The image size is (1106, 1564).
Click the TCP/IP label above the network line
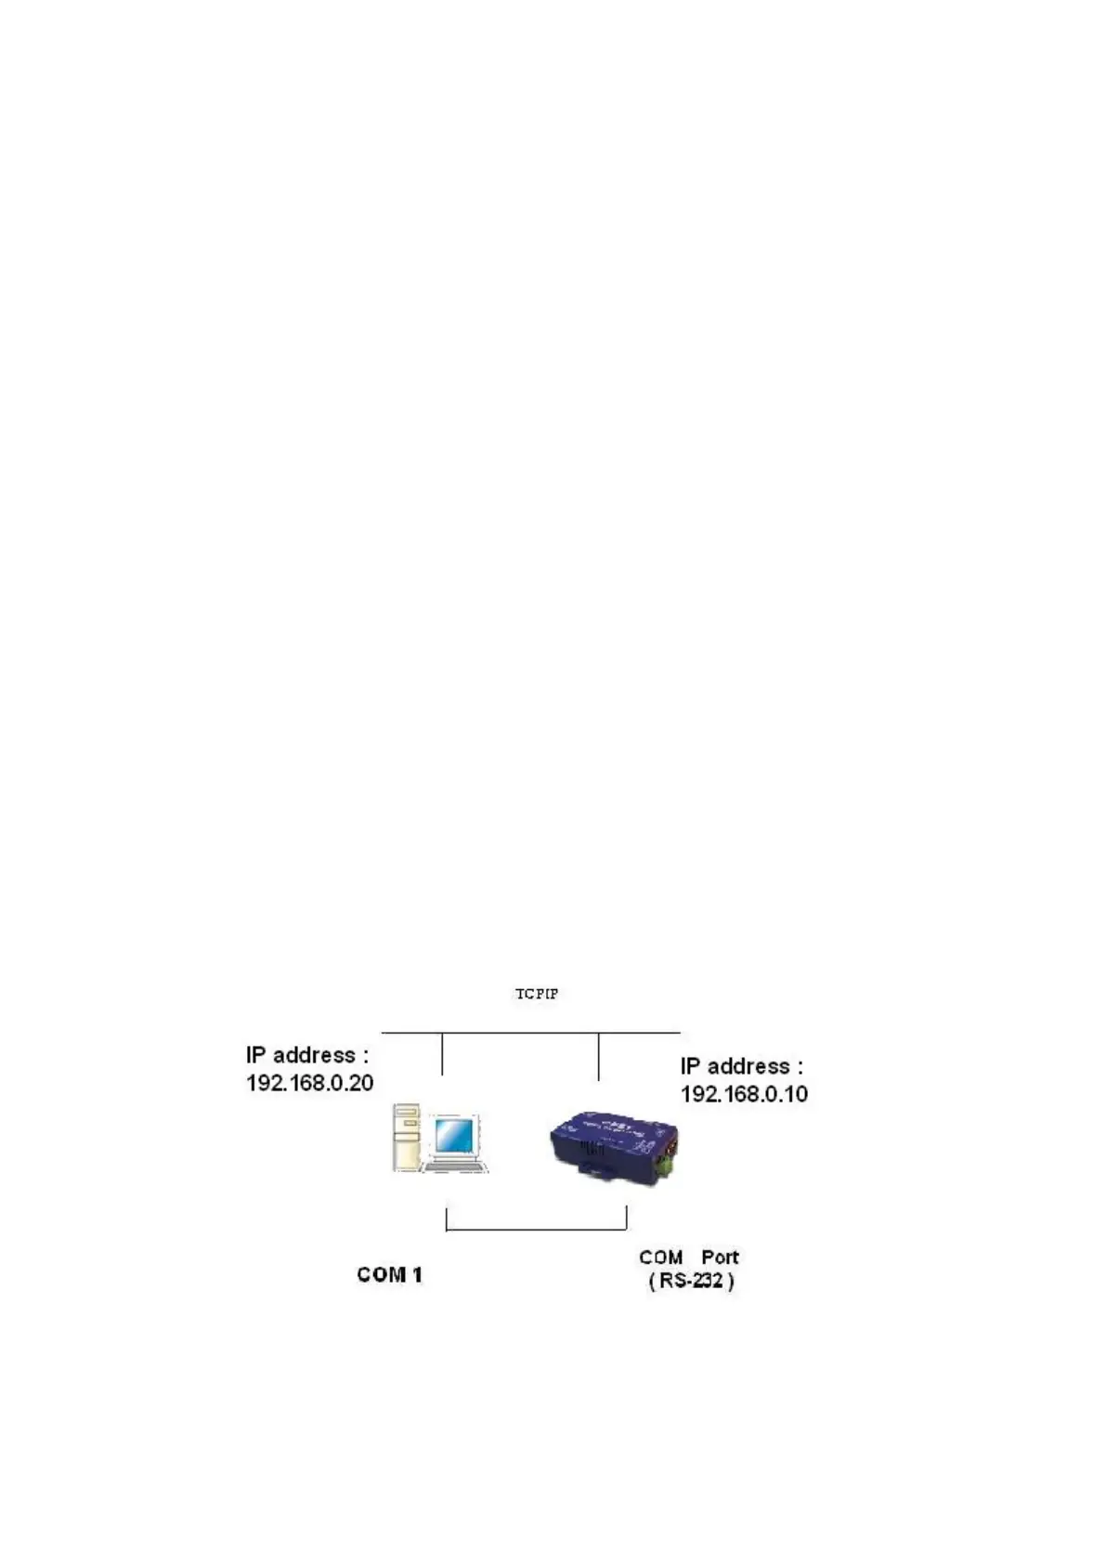[537, 994]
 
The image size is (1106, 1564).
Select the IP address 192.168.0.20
[309, 1083]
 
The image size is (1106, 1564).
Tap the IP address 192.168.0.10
[744, 1094]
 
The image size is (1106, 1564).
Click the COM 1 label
[389, 1274]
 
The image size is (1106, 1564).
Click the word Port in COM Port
[720, 1257]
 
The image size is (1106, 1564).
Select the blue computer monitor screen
[456, 1137]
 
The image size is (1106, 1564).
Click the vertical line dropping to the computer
[442, 1053]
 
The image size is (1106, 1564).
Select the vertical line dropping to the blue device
[598, 1056]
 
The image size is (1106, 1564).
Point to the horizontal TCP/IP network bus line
[530, 1032]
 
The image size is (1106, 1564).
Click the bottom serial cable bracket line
[537, 1231]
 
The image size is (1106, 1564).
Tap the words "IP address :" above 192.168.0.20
[307, 1055]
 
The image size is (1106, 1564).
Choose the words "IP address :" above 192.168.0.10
[741, 1066]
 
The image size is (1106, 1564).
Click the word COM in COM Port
[660, 1257]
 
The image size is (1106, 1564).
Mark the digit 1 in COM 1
[417, 1274]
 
